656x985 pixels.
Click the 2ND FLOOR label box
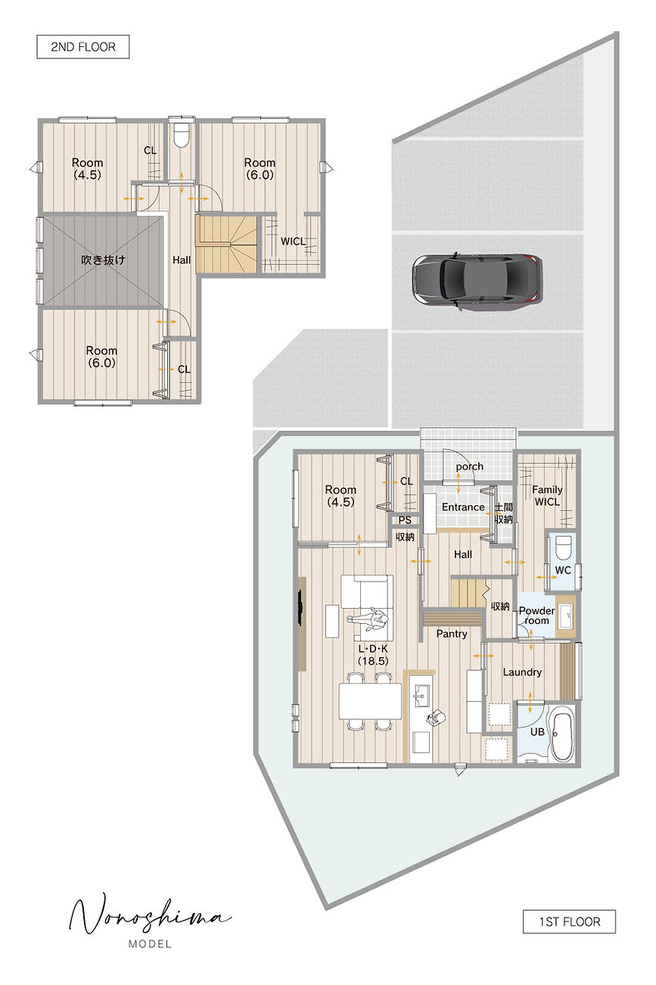[x=82, y=47]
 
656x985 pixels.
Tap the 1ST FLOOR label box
[x=569, y=921]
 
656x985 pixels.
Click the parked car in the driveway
[x=477, y=279]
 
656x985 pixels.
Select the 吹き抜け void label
[x=103, y=260]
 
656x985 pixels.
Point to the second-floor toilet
[x=181, y=135]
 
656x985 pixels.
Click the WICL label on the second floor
[x=293, y=242]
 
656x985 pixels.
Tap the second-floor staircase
[x=226, y=244]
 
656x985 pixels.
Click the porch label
[x=469, y=466]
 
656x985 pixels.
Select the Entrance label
[x=463, y=507]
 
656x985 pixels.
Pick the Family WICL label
[x=547, y=496]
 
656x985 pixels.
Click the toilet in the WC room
[x=563, y=547]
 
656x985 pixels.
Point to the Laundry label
[x=522, y=672]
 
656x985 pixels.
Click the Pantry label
[x=452, y=634]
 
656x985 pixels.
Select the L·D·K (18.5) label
[x=373, y=655]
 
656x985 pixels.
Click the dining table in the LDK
[x=371, y=701]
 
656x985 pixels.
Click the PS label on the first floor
[x=405, y=520]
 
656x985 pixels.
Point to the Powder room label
[x=536, y=616]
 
